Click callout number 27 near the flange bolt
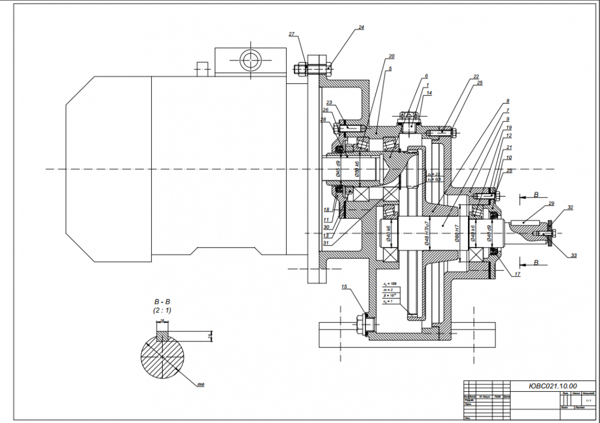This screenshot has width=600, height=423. pos(292,34)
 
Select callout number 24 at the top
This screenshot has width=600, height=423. pos(361,28)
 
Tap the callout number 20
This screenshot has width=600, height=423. pos(391,56)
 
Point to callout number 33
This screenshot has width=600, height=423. pos(574,256)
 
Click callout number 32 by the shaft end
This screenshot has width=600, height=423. pos(570,208)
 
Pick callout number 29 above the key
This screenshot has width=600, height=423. pos(551,204)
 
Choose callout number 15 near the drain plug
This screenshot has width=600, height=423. pos(344,287)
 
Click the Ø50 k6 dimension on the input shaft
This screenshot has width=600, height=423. pos(357,169)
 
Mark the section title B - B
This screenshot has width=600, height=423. pos(162,303)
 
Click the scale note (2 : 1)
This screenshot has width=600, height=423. pos(162,311)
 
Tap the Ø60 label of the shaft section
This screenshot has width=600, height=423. pos(201,384)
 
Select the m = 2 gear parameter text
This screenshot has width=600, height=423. pos(387,289)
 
